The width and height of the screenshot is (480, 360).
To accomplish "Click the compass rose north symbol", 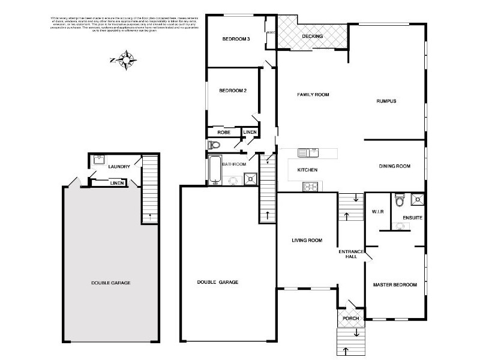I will (x=126, y=59).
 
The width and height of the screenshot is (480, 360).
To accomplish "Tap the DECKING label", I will (x=313, y=36).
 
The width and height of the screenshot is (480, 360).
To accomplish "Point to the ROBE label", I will (x=224, y=132).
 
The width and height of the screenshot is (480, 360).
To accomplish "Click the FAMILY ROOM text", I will (x=314, y=95).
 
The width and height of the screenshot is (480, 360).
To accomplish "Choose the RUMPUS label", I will (x=386, y=101).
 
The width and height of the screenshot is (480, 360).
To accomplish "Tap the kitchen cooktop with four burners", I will (x=310, y=186).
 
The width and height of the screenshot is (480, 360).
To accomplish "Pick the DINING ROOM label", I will (x=395, y=166).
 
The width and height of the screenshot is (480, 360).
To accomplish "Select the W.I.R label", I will (x=377, y=212).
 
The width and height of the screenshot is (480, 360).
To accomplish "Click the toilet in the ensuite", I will (x=401, y=199).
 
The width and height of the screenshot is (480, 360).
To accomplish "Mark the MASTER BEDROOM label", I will (x=395, y=284).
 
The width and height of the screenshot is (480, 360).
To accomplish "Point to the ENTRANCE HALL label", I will (x=347, y=253).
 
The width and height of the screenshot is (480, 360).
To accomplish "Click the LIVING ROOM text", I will (x=307, y=241).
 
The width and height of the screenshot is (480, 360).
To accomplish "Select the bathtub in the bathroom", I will (x=215, y=169).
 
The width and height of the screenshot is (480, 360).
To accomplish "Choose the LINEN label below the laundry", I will (x=118, y=183).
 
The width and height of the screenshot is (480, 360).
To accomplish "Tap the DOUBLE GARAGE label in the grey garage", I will (x=111, y=283).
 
